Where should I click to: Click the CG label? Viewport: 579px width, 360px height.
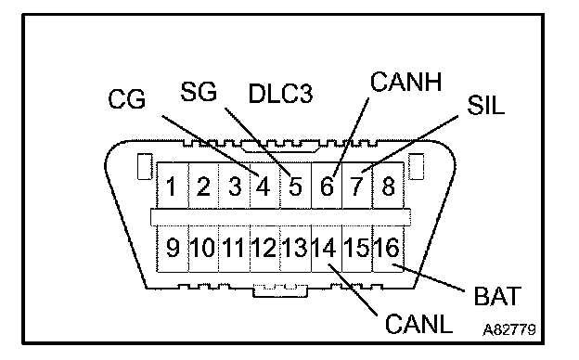(126, 99)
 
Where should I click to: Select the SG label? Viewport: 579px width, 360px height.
(199, 92)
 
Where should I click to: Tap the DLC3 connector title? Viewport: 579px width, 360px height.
(280, 94)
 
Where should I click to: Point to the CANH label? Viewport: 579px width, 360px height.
(405, 82)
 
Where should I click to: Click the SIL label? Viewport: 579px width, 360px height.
(485, 105)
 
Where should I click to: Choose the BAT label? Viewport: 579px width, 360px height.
(497, 296)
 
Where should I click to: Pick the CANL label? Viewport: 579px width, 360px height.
(418, 324)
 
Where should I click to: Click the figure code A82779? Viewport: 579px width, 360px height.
(509, 329)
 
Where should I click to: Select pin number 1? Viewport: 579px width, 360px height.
(171, 186)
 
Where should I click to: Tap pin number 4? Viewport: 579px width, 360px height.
(263, 186)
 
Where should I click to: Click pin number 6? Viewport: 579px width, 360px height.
(327, 186)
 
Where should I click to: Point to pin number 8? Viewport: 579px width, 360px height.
(388, 186)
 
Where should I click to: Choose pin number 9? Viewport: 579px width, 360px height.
(173, 247)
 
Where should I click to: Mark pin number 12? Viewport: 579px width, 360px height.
(264, 247)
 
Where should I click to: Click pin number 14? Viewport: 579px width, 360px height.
(324, 247)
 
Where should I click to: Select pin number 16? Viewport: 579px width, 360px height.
(387, 247)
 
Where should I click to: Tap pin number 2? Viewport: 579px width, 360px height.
(203, 186)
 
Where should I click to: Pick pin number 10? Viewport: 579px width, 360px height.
(202, 247)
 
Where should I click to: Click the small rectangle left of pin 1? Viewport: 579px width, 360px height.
(145, 166)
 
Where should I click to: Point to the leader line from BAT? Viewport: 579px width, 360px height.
(429, 277)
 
